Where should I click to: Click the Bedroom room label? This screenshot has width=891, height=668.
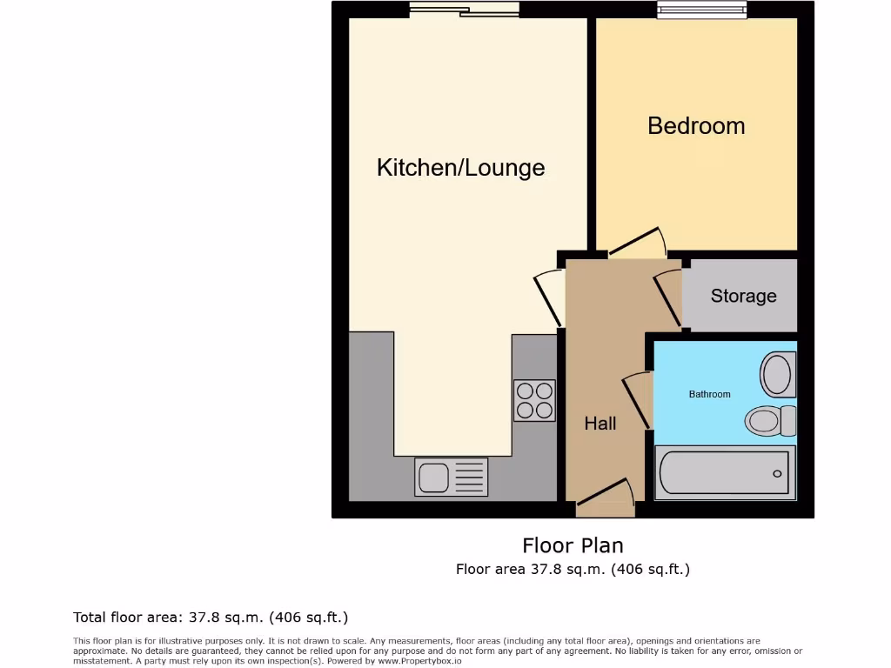(x=696, y=125)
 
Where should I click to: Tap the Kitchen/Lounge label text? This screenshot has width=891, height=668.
(x=460, y=167)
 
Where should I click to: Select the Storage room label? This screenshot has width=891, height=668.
(x=743, y=296)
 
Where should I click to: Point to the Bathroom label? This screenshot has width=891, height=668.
(x=709, y=394)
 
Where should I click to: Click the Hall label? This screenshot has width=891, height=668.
(x=600, y=424)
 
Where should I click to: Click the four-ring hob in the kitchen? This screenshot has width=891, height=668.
(x=534, y=400)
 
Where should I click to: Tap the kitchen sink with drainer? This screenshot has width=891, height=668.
(x=451, y=477)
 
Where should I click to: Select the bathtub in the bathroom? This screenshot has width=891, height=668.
(x=724, y=472)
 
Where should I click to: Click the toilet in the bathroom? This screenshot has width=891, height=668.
(x=771, y=421)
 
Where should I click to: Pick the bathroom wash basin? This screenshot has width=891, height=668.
(x=777, y=375)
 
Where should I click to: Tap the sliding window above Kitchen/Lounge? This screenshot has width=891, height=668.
(x=465, y=10)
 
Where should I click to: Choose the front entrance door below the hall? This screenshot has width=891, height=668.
(x=606, y=492)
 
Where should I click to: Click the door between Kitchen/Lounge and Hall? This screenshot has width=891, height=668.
(x=549, y=298)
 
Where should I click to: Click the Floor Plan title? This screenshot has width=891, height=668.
(x=573, y=545)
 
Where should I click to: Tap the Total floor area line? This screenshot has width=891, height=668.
(x=211, y=618)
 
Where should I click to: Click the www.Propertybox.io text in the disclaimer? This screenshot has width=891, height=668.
(x=419, y=661)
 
